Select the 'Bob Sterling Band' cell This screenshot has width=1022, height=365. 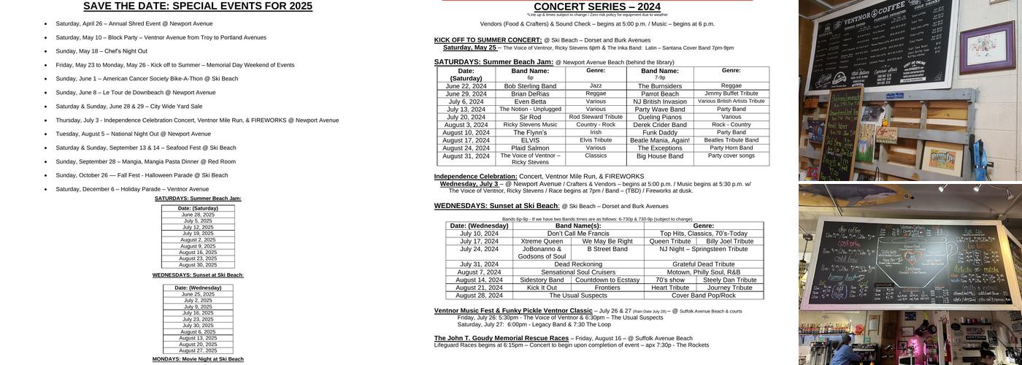pos(530,86)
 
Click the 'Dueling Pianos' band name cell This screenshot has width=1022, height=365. pos(659,117)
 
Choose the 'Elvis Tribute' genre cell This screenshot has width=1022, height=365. pos(596,140)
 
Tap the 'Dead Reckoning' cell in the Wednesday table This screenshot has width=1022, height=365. pos(577,264)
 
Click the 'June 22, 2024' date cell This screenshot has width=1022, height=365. pos(466,86)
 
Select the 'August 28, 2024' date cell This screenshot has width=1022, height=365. pos(479,296)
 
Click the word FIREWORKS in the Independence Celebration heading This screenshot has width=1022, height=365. pos(624,176)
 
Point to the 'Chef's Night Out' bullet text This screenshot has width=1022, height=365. pos(101,51)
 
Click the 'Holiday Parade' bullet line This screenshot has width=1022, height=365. pos(132,189)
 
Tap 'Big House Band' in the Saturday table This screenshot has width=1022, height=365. pos(659,156)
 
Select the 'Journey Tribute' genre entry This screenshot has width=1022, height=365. pos(731,288)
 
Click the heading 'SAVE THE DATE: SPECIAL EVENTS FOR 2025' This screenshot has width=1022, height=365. pos(198,7)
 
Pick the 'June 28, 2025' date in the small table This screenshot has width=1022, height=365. pos(198,215)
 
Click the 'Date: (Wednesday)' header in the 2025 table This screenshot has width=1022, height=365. pos(198,288)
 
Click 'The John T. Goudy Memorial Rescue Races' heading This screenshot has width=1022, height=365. pos(501,338)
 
